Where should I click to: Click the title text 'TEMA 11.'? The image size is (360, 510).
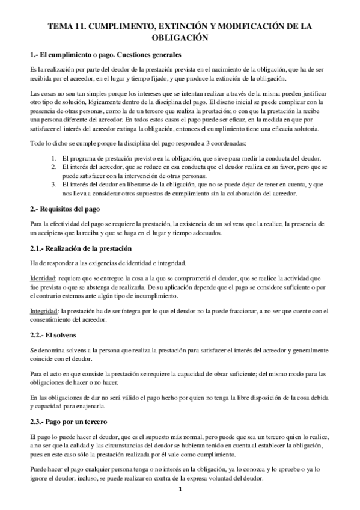point(68,27)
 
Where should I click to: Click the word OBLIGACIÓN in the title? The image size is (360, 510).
point(180,38)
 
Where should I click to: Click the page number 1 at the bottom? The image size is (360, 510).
point(180,491)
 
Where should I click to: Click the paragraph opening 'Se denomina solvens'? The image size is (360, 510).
point(60,349)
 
